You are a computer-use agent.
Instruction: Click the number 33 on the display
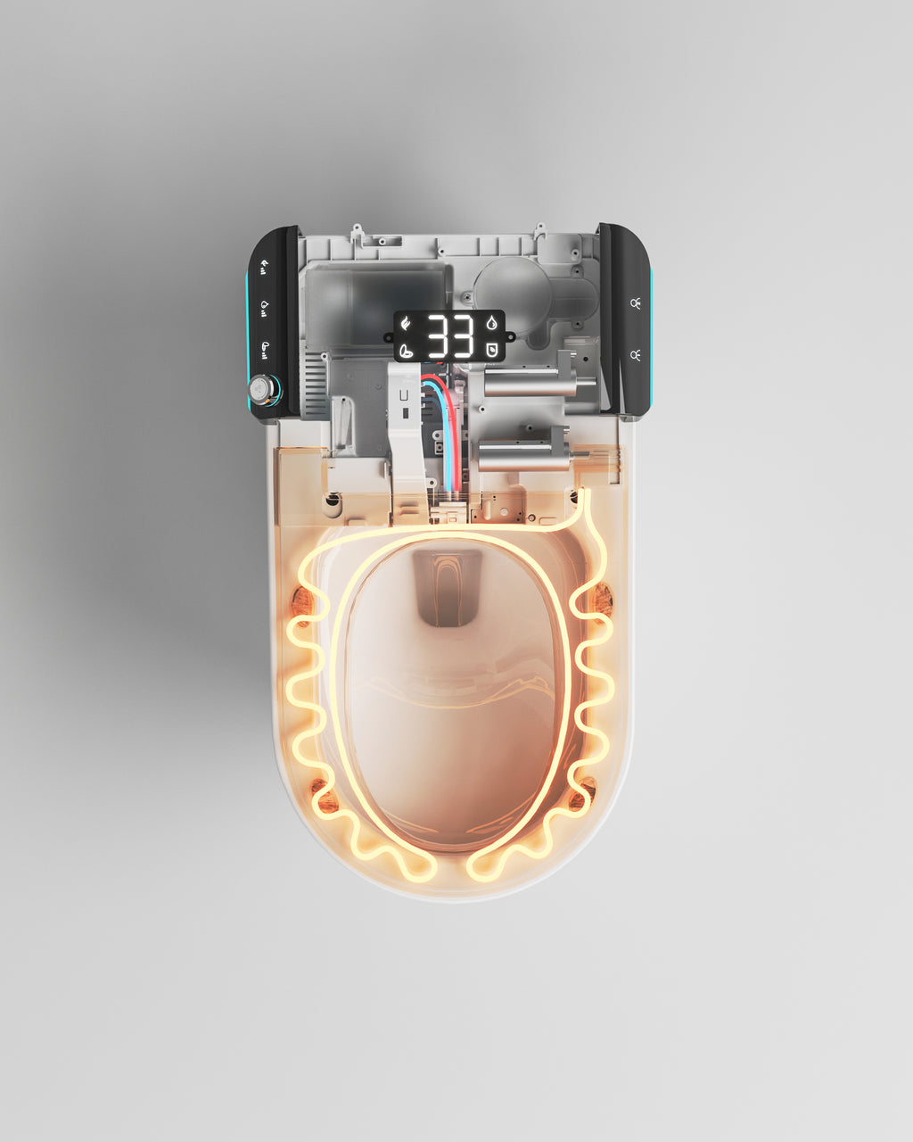[x=448, y=336]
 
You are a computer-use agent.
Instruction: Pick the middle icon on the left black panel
[x=265, y=306]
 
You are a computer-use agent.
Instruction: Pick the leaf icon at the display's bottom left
[x=406, y=350]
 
